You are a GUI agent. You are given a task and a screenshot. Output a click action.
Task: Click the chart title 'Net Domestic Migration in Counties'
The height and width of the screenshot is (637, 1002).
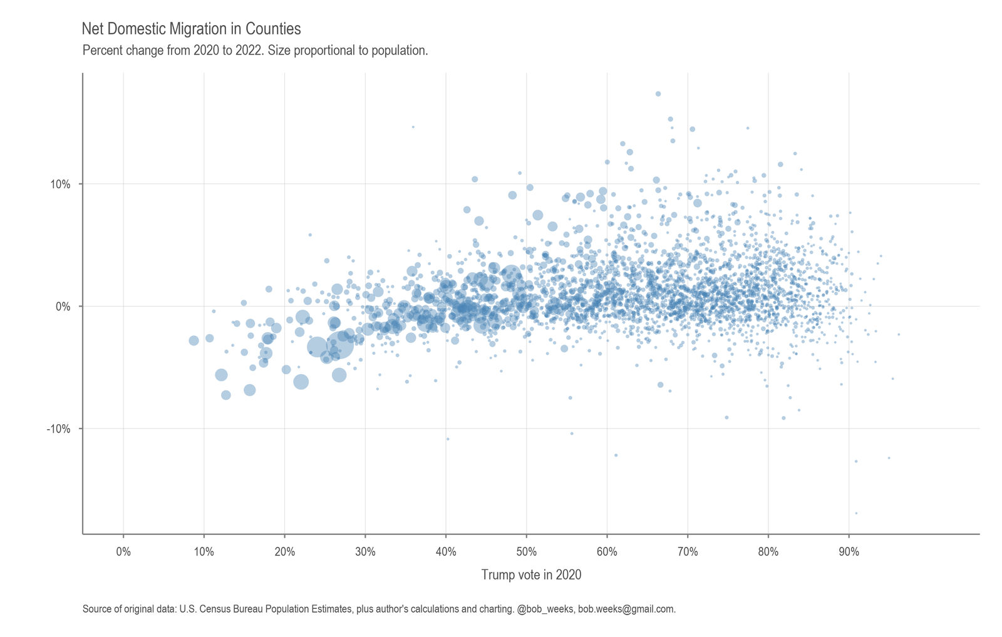[191, 29]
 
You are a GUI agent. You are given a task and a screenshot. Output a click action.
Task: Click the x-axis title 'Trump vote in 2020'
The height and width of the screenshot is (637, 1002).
[531, 574]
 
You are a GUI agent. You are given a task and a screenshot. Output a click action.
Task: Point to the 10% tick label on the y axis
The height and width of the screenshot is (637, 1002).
[61, 184]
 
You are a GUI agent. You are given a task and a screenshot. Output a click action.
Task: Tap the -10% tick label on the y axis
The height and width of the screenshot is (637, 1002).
[59, 429]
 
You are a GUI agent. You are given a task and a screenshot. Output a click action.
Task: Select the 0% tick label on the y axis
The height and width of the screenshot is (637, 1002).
[63, 307]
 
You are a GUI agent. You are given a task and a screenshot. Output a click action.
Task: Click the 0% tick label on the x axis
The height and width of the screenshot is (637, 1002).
[123, 552]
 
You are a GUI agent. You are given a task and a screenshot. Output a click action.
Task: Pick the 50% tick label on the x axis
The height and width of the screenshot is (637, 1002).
[526, 552]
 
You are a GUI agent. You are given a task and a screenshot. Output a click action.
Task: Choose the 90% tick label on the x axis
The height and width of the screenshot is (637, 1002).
[849, 552]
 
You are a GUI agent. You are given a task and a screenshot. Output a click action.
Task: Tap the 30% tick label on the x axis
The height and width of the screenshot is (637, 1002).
[365, 552]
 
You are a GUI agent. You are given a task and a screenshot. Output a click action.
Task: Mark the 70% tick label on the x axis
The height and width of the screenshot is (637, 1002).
[688, 552]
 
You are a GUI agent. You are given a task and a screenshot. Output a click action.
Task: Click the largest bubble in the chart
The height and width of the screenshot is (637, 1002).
[339, 344]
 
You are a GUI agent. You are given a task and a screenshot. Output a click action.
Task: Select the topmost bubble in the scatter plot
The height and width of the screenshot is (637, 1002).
[658, 94]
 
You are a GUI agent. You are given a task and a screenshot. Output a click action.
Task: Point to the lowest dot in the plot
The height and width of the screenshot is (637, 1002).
[856, 513]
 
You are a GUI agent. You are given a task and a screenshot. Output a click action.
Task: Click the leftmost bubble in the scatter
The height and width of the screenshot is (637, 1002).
[194, 340]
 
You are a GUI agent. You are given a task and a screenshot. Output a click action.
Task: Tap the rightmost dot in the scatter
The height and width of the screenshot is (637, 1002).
[899, 334]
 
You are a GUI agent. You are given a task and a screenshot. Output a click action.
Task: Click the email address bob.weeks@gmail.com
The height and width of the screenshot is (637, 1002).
[626, 609]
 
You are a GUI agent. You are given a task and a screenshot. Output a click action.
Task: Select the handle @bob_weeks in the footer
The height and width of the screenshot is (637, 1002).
[545, 609]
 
